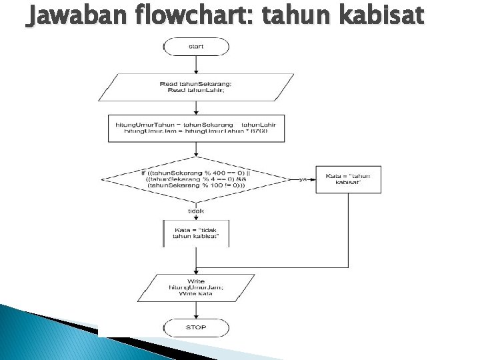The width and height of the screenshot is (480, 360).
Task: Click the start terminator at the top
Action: pos(196,47)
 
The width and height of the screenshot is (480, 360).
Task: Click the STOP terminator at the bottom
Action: pos(196,327)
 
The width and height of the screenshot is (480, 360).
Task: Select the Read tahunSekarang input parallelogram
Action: pos(196,87)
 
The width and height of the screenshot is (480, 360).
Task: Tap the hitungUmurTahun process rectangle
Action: pos(196,128)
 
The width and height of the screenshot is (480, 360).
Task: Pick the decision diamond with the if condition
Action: pos(196,179)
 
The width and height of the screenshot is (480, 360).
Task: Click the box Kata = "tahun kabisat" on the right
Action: pos(348,179)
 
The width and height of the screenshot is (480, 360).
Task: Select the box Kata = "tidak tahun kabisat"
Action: pos(196,233)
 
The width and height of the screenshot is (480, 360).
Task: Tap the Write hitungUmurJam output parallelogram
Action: pos(196,287)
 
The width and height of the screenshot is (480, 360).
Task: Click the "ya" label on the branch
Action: pos(303,179)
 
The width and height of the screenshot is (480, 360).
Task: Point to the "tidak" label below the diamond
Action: pos(196,210)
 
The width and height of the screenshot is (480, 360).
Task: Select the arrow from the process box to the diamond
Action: pos(196,149)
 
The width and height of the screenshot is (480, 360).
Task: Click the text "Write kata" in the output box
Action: pos(196,293)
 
